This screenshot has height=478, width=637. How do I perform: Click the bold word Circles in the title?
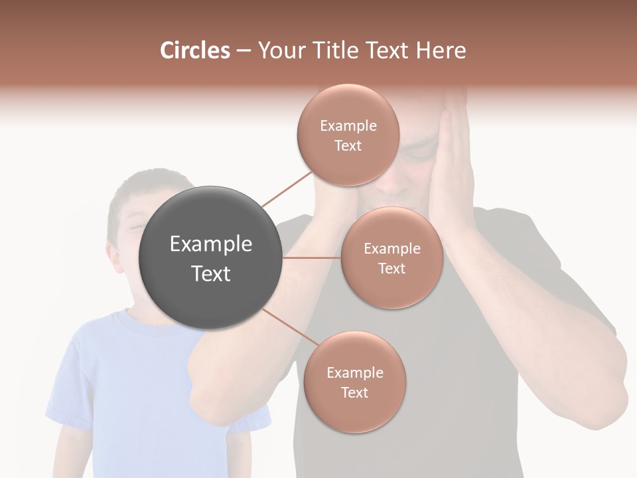[x=194, y=50]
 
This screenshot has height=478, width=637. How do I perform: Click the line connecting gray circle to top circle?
[x=287, y=189]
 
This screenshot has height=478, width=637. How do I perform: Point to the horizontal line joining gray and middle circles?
[x=312, y=258]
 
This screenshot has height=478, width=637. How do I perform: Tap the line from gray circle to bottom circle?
[x=287, y=328]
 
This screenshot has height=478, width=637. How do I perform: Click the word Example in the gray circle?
[x=211, y=244]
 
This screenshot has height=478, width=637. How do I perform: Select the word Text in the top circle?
[x=348, y=146]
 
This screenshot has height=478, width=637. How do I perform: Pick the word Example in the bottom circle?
[x=354, y=373]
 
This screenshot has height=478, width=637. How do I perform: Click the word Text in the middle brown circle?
[x=391, y=269]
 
